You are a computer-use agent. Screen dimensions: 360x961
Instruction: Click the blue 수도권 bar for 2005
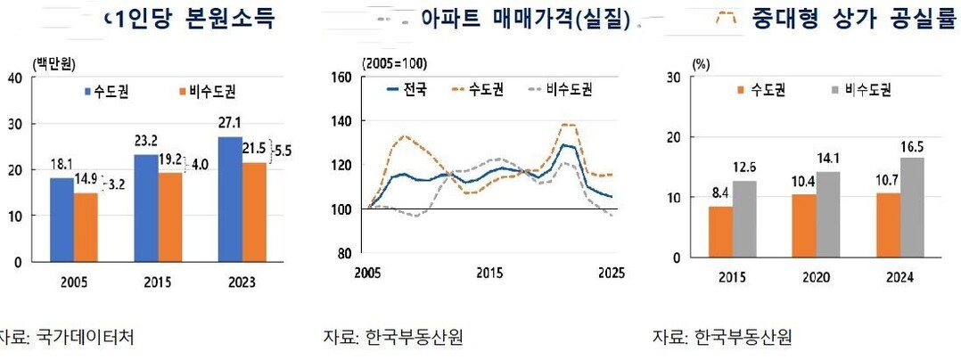[62, 219]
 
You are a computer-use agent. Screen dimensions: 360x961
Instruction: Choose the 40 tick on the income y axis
[14, 78]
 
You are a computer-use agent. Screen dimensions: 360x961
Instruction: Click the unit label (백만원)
[53, 61]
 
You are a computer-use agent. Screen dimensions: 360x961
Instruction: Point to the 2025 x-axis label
[611, 272]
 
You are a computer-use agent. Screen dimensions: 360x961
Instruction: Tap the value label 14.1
[828, 160]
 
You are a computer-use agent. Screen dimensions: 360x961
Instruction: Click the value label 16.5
[912, 146]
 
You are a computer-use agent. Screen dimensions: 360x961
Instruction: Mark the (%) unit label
[701, 64]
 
